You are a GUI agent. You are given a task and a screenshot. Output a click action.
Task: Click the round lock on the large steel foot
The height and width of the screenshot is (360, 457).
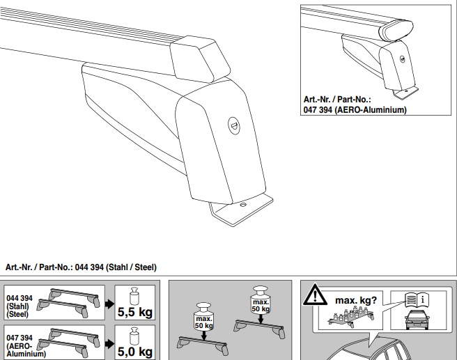point(233,126)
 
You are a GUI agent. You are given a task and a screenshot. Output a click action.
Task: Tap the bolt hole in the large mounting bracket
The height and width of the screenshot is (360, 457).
point(242,205)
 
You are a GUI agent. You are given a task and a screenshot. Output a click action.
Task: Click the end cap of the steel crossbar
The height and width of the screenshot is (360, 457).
point(200,58)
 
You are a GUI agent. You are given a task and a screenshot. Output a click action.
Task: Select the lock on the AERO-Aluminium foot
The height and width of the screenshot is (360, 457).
point(403,59)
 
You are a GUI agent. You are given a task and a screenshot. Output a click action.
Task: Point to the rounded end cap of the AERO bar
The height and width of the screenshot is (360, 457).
point(396,31)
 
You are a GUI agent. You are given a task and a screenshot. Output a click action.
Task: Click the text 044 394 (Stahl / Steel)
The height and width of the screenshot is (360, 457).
point(116,267)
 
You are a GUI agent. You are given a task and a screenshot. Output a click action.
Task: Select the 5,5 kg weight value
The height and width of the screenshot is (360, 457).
point(135,312)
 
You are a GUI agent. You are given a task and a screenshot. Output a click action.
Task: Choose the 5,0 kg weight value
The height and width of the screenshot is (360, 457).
point(135,352)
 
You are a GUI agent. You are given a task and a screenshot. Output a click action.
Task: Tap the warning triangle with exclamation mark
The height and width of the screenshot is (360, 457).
point(315,295)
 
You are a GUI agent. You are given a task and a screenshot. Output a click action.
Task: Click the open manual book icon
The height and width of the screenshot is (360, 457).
point(417,299)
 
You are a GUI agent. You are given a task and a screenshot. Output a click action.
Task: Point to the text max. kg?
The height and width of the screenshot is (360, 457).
point(356,300)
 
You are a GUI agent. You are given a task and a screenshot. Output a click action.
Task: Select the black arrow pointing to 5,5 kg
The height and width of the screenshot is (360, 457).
point(109,304)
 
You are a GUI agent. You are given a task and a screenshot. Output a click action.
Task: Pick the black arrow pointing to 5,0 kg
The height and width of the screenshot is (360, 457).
point(109,344)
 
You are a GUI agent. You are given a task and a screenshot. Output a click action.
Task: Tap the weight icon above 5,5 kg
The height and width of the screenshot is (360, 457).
point(134,296)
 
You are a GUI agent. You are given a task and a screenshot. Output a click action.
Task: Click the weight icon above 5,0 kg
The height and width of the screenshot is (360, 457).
point(134,336)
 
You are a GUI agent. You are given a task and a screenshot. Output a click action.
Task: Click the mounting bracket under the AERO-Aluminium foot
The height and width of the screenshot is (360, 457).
point(405,93)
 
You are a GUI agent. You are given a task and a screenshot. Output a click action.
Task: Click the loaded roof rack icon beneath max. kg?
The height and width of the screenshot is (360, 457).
point(350,318)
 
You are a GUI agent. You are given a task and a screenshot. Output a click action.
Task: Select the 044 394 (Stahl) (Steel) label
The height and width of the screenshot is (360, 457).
point(20,306)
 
